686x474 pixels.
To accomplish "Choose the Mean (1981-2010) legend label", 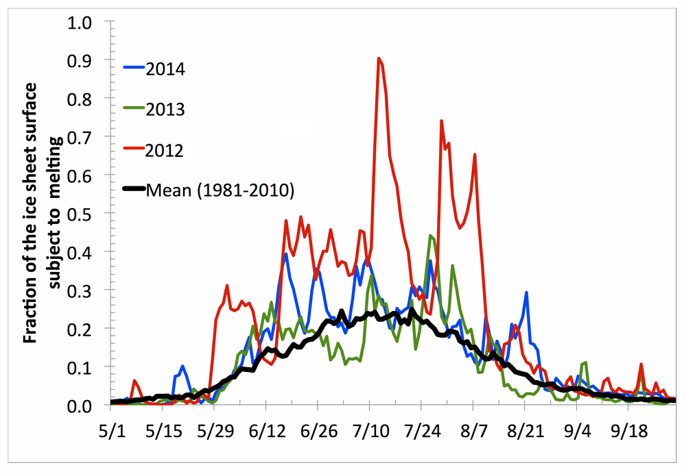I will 220,190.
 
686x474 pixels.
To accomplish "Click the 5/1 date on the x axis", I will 110,434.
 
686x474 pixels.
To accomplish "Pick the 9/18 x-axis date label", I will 628,434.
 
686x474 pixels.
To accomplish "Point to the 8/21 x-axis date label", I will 525,434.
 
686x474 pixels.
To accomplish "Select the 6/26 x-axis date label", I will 317,434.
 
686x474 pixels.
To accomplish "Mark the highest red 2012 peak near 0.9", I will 379,59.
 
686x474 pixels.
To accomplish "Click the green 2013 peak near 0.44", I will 430,236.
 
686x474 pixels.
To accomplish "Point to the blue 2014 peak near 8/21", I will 526,292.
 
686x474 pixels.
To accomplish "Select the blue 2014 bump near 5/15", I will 182,366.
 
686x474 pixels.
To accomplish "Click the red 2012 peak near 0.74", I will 441,121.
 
